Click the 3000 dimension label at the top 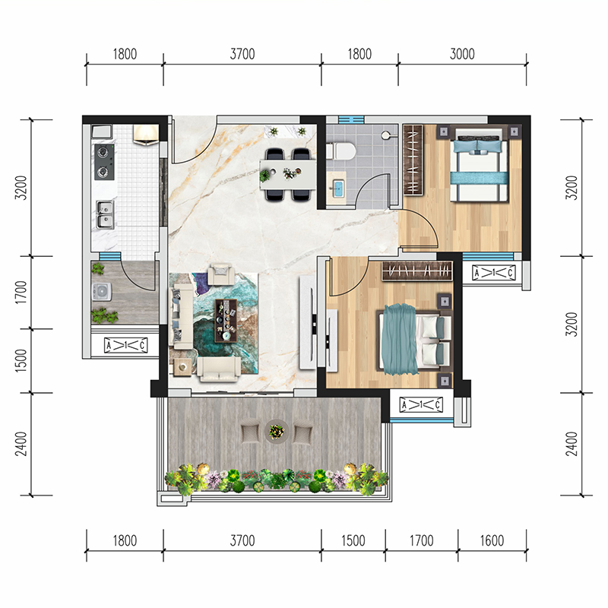[462, 54]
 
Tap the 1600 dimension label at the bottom [492, 540]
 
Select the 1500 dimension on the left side [21, 360]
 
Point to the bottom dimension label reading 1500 [353, 540]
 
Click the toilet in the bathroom [340, 151]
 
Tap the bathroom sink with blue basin [337, 188]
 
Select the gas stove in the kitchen [104, 162]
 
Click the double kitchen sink [105, 214]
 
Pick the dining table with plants [288, 174]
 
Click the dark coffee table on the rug [226, 321]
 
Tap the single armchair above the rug [220, 274]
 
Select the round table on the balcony [277, 431]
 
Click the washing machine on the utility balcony [102, 293]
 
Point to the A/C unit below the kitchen [125, 345]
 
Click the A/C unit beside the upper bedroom [493, 273]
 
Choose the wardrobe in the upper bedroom [413, 160]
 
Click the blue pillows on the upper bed [477, 146]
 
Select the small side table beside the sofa [182, 366]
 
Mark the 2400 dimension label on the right [572, 444]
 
